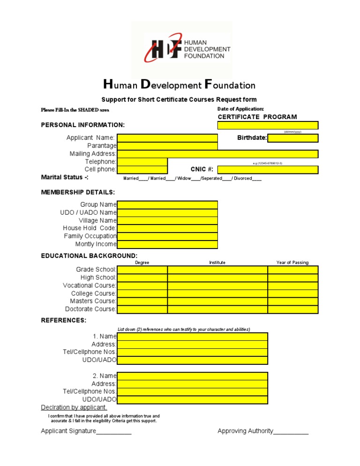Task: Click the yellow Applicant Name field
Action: pyautogui.click(x=167, y=138)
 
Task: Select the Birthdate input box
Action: pyautogui.click(x=293, y=138)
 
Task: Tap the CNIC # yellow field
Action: pyautogui.click(x=268, y=170)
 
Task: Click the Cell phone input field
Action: pyautogui.click(x=142, y=170)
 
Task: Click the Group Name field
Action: pyautogui.click(x=167, y=205)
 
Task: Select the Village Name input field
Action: pyautogui.click(x=167, y=221)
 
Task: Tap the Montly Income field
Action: pyautogui.click(x=167, y=244)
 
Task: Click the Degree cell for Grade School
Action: pyautogui.click(x=142, y=270)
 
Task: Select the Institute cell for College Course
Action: pyautogui.click(x=217, y=293)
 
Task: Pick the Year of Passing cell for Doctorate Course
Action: pyautogui.click(x=293, y=309)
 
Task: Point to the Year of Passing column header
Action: pyautogui.click(x=292, y=263)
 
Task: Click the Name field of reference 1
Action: pyautogui.click(x=192, y=337)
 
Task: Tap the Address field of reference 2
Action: pyautogui.click(x=192, y=384)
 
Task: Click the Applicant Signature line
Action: pyautogui.click(x=113, y=431)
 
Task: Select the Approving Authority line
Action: pyautogui.click(x=291, y=431)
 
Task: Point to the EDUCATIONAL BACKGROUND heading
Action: pyautogui.click(x=89, y=256)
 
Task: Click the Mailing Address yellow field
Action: pyautogui.click(x=217, y=154)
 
